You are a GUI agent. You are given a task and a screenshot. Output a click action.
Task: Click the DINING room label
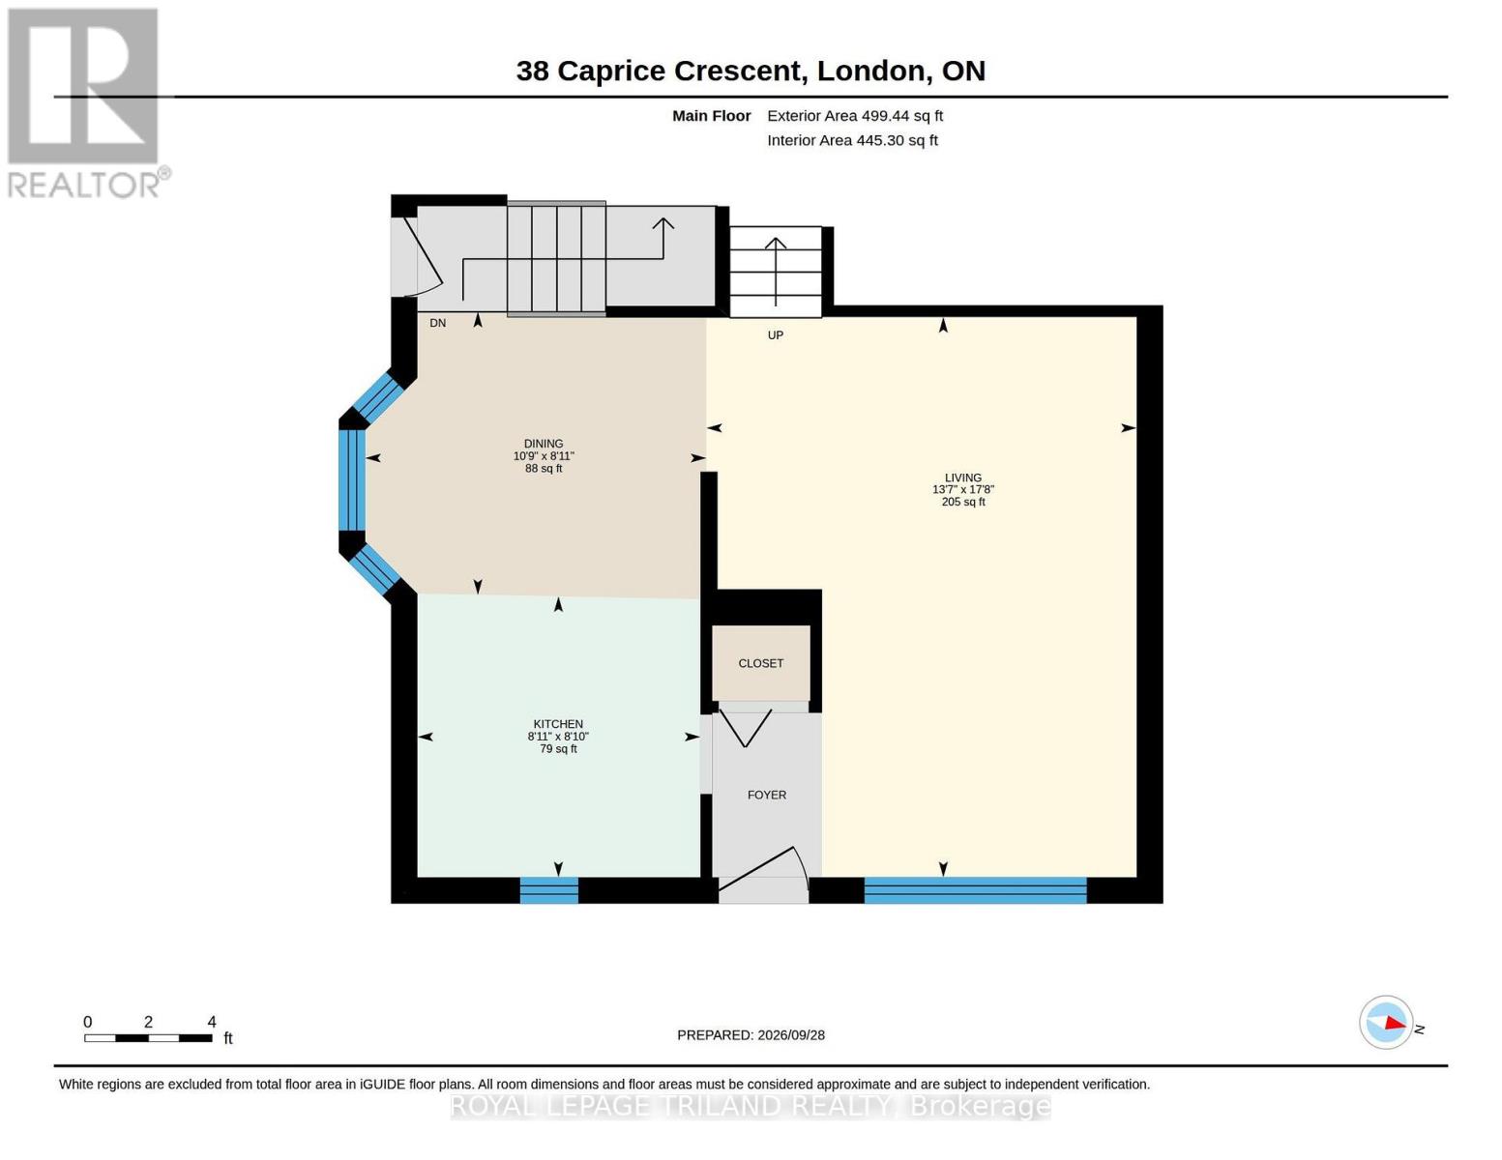(544, 444)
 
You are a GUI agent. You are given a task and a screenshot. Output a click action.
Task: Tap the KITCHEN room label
(558, 724)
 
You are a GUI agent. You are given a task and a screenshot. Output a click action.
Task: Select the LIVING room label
(963, 478)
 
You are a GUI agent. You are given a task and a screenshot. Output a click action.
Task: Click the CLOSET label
(760, 663)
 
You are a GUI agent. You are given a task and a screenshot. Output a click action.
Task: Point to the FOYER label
(767, 796)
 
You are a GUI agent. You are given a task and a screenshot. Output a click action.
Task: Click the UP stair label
(775, 335)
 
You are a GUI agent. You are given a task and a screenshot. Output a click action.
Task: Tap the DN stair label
(437, 323)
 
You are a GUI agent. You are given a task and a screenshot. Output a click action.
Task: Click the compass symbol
(1385, 1023)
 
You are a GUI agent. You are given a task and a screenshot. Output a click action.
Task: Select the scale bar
(149, 1037)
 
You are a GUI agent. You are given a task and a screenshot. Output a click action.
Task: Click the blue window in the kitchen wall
(548, 890)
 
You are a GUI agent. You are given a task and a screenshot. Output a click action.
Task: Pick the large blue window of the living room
(975, 890)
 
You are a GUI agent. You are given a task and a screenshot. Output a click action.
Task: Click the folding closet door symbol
(746, 728)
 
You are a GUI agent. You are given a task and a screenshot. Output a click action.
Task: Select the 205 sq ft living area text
(963, 502)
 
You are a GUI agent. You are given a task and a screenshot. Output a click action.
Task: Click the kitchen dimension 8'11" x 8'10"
(558, 737)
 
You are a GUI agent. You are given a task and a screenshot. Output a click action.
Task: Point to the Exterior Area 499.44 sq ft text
(855, 116)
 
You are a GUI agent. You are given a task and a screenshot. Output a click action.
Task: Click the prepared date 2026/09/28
(791, 1035)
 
